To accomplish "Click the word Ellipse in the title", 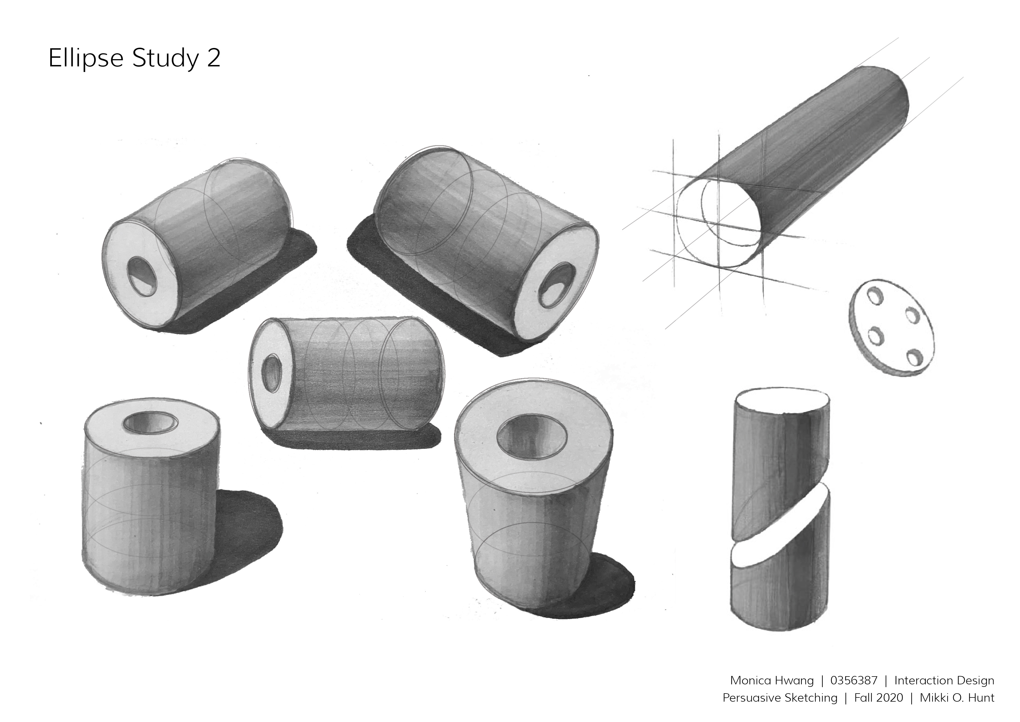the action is coord(86,58).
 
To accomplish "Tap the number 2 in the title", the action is coord(214,58).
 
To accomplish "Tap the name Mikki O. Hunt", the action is coord(957,698).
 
